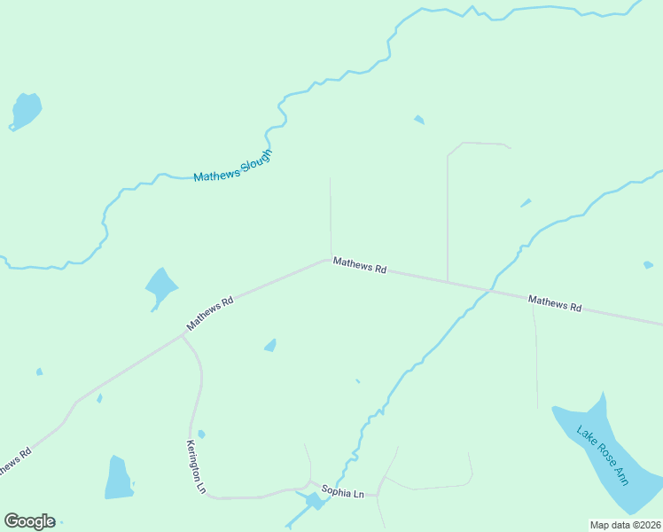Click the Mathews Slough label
pyautogui.click(x=232, y=166)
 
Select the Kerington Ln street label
pyautogui.click(x=196, y=466)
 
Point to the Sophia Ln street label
pyautogui.click(x=342, y=491)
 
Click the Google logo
pyautogui.click(x=29, y=521)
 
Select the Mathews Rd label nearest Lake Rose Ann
pyautogui.click(x=555, y=303)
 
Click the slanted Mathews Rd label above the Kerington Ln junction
pyautogui.click(x=210, y=314)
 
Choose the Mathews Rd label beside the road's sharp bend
pyautogui.click(x=360, y=265)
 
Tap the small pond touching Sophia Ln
pyautogui.click(x=313, y=502)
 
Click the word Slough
pyautogui.click(x=255, y=160)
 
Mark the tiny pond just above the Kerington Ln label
pyautogui.click(x=201, y=434)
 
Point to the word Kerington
pyautogui.click(x=193, y=460)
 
